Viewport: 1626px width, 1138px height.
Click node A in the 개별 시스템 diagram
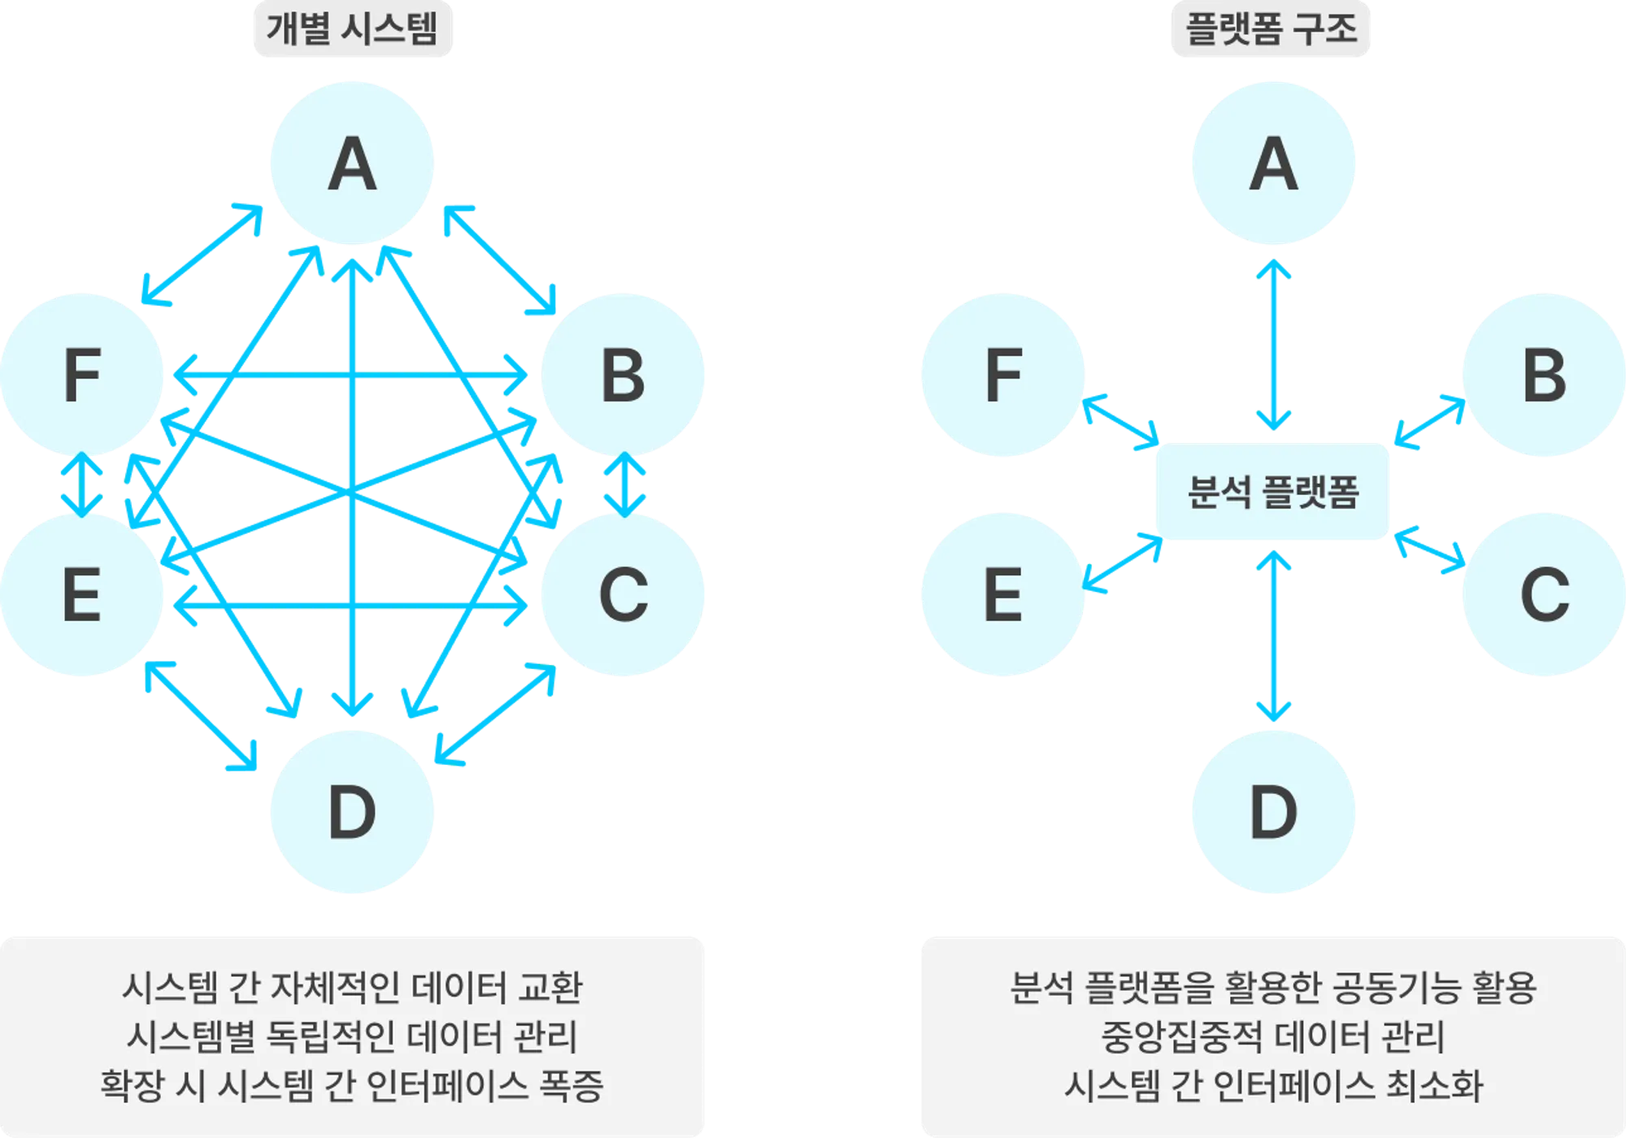(x=352, y=163)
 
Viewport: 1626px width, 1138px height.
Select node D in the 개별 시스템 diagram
(x=352, y=811)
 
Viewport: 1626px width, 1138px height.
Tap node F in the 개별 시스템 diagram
(x=81, y=375)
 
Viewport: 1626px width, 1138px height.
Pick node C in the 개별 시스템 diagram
(x=623, y=594)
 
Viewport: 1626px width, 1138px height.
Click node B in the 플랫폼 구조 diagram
(x=1544, y=375)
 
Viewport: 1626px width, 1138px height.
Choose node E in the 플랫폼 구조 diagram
(x=1002, y=594)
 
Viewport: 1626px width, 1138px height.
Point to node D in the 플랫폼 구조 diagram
(x=1273, y=811)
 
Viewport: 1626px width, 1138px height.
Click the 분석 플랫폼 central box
(x=1272, y=491)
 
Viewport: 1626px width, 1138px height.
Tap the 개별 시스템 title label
(x=353, y=29)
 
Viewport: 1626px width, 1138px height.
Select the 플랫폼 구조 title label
(x=1271, y=29)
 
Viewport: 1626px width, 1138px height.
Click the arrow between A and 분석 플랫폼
(x=1273, y=345)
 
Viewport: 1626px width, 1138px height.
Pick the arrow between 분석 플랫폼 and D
(x=1273, y=636)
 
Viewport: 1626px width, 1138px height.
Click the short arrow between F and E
(x=81, y=484)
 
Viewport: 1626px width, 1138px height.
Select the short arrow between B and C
(x=624, y=484)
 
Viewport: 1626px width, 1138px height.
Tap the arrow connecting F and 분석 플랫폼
(x=1121, y=421)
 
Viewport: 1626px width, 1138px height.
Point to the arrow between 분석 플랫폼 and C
(x=1429, y=549)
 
